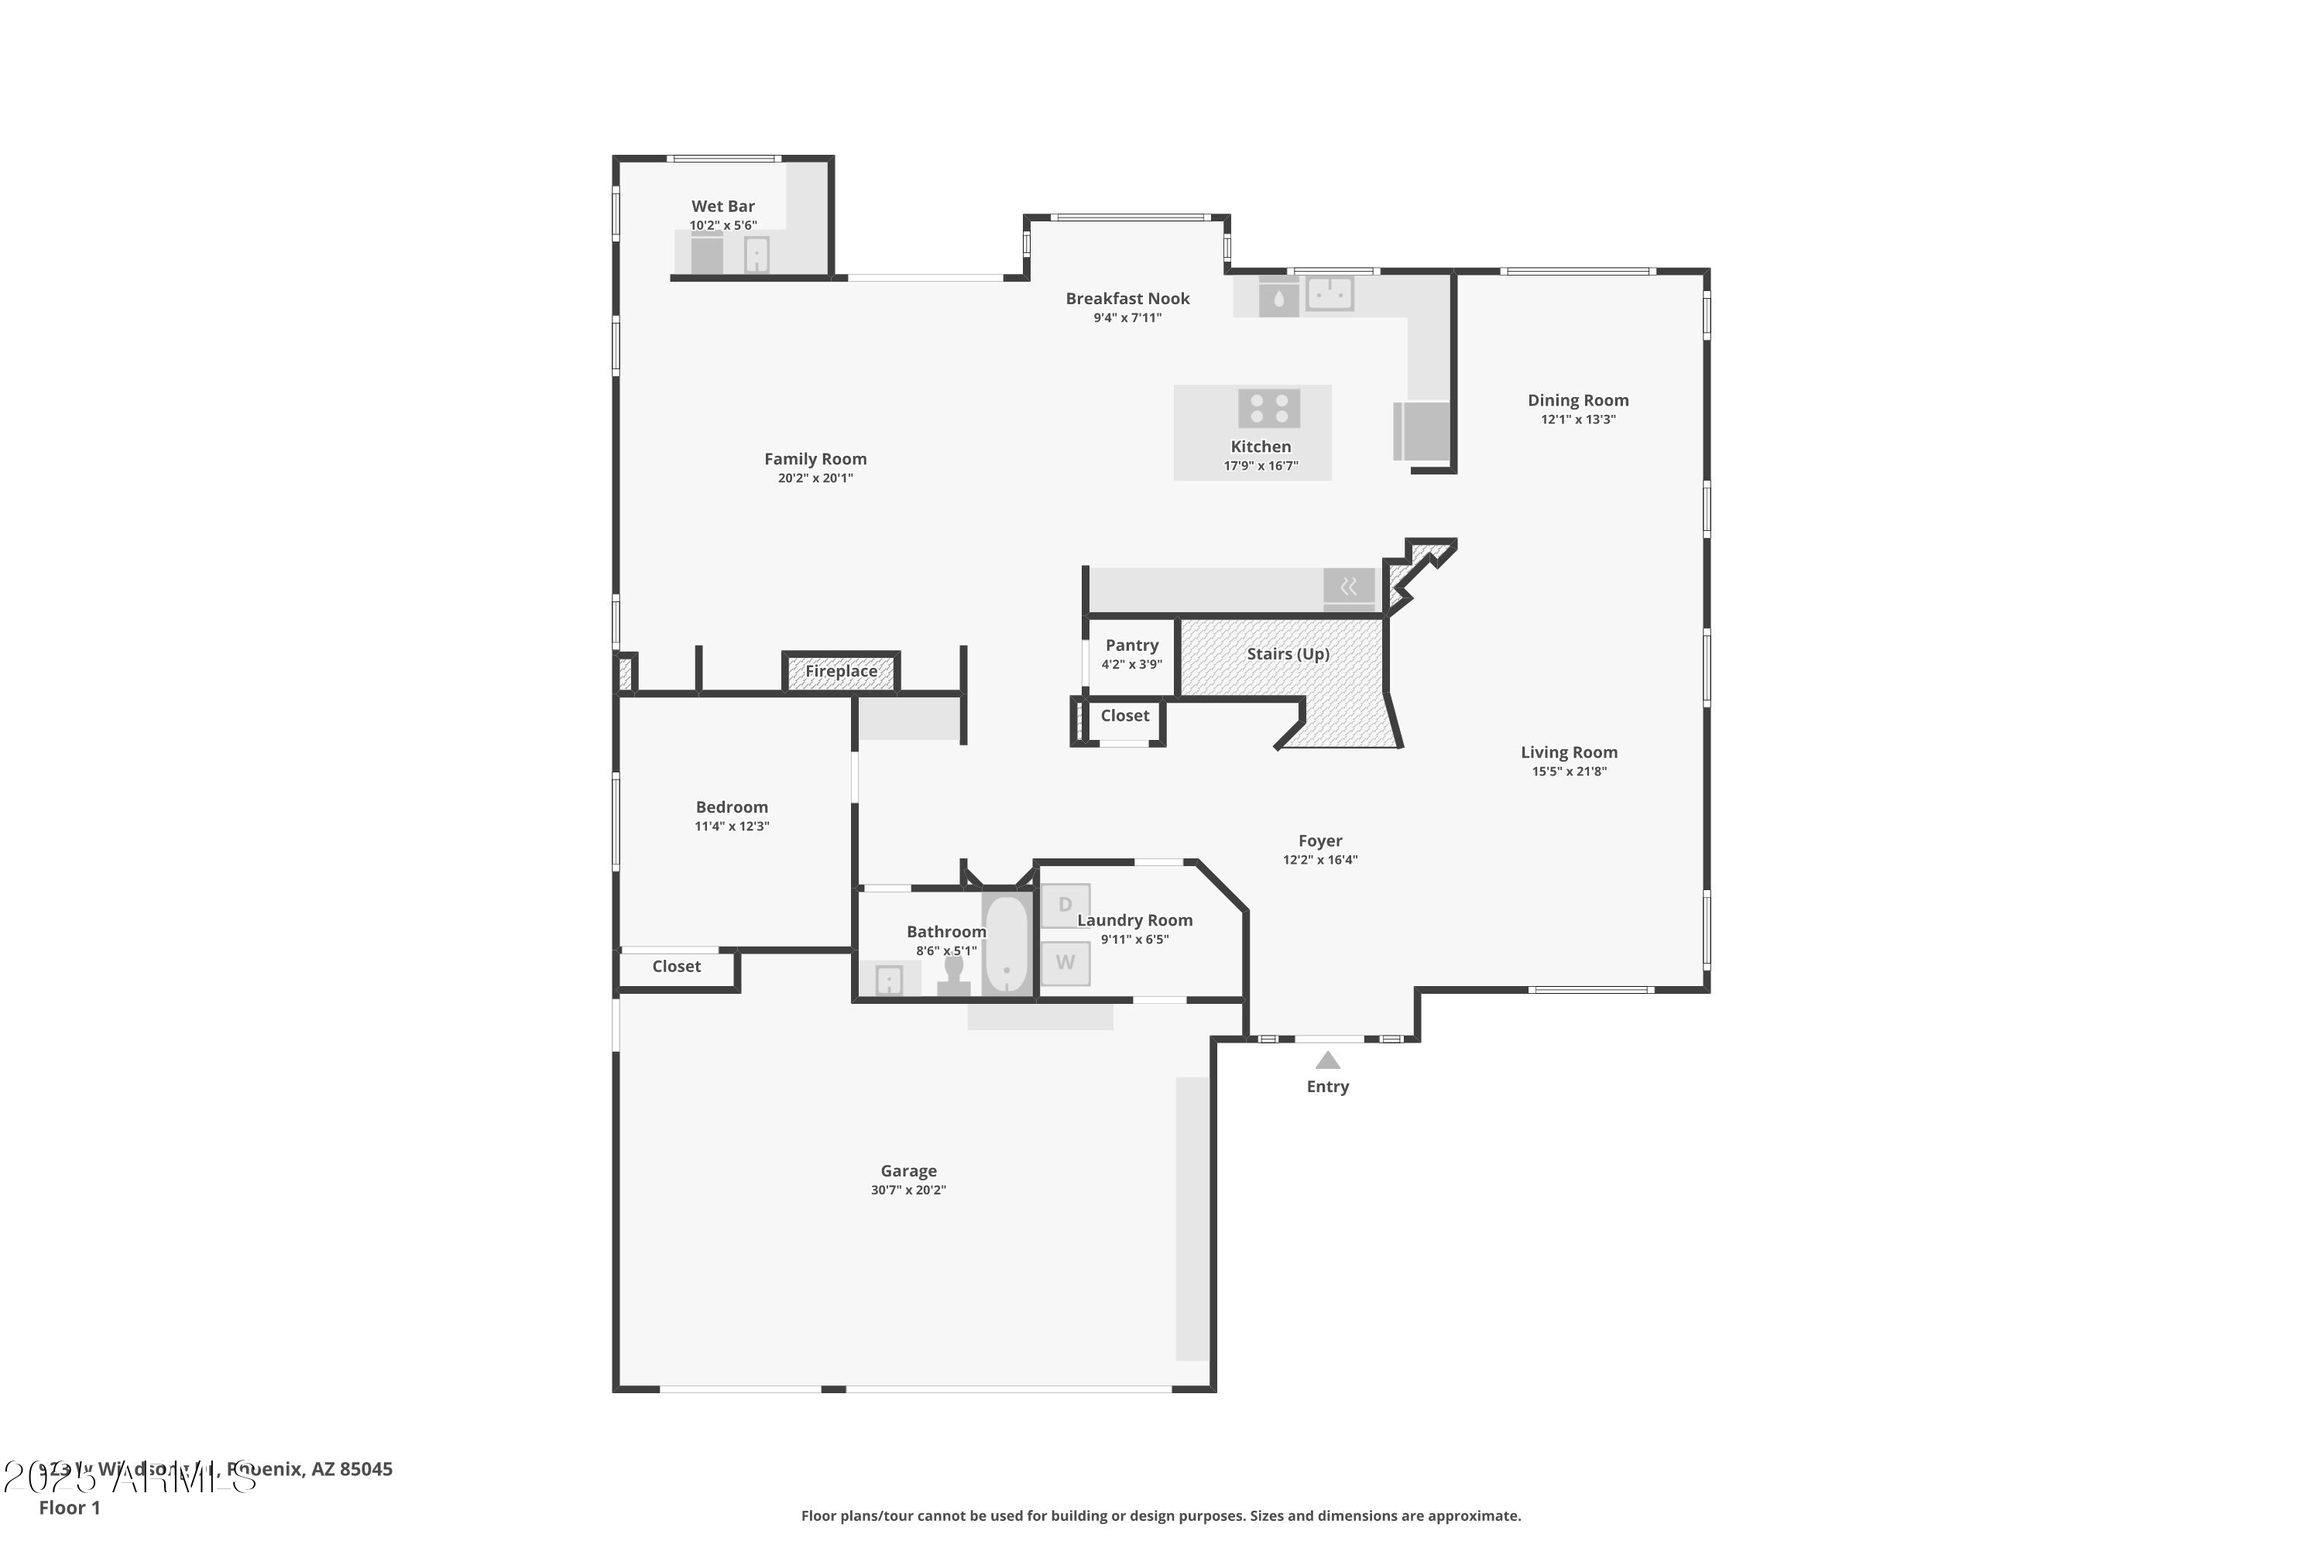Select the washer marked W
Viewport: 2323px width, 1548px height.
pyautogui.click(x=1065, y=963)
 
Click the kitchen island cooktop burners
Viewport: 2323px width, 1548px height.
pyautogui.click(x=1269, y=408)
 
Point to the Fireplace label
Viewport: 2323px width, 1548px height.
pyautogui.click(x=840, y=671)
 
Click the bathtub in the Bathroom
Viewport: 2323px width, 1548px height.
pyautogui.click(x=1007, y=943)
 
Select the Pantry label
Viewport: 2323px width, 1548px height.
pyautogui.click(x=1132, y=646)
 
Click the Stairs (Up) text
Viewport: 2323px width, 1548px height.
pyautogui.click(x=1288, y=653)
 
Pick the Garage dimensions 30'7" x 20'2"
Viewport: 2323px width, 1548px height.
pyautogui.click(x=908, y=1190)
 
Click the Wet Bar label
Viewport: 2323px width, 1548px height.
pyautogui.click(x=723, y=207)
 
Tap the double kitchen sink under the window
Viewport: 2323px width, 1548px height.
pyautogui.click(x=1330, y=293)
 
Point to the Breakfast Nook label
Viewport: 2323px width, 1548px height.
pyautogui.click(x=1127, y=298)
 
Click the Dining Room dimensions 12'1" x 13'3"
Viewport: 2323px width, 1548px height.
pyautogui.click(x=1577, y=420)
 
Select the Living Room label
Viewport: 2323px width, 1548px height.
pyautogui.click(x=1569, y=752)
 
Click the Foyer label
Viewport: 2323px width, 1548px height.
pyautogui.click(x=1319, y=841)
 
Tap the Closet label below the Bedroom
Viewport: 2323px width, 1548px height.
pyautogui.click(x=677, y=967)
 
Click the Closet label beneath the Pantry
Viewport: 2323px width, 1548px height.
pyautogui.click(x=1125, y=716)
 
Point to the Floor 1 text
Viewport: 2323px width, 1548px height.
pyautogui.click(x=69, y=1508)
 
